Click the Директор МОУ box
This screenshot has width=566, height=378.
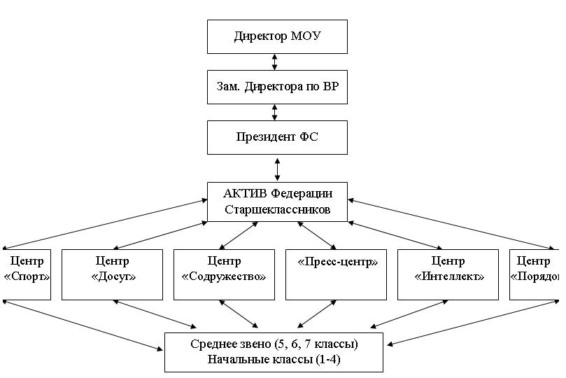click(x=277, y=36)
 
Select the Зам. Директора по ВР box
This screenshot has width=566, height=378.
click(x=277, y=87)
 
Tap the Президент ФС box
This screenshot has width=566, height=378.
click(x=277, y=137)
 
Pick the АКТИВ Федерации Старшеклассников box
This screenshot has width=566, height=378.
click(x=277, y=202)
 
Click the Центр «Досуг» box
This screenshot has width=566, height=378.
click(x=112, y=274)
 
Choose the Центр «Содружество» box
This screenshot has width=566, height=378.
click(x=224, y=274)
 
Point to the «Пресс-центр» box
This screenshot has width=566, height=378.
click(x=337, y=274)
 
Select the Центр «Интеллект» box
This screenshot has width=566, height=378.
click(x=448, y=274)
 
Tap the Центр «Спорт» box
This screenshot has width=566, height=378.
click(x=27, y=274)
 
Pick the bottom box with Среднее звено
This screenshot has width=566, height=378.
click(x=274, y=352)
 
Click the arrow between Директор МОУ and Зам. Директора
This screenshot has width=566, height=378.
click(x=274, y=61)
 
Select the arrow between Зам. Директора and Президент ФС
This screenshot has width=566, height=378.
click(x=274, y=112)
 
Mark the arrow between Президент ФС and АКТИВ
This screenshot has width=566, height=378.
click(x=278, y=168)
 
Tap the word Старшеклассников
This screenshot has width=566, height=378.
click(x=277, y=209)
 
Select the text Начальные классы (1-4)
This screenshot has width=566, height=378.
click(x=274, y=360)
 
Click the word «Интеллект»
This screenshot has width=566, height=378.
click(x=448, y=276)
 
